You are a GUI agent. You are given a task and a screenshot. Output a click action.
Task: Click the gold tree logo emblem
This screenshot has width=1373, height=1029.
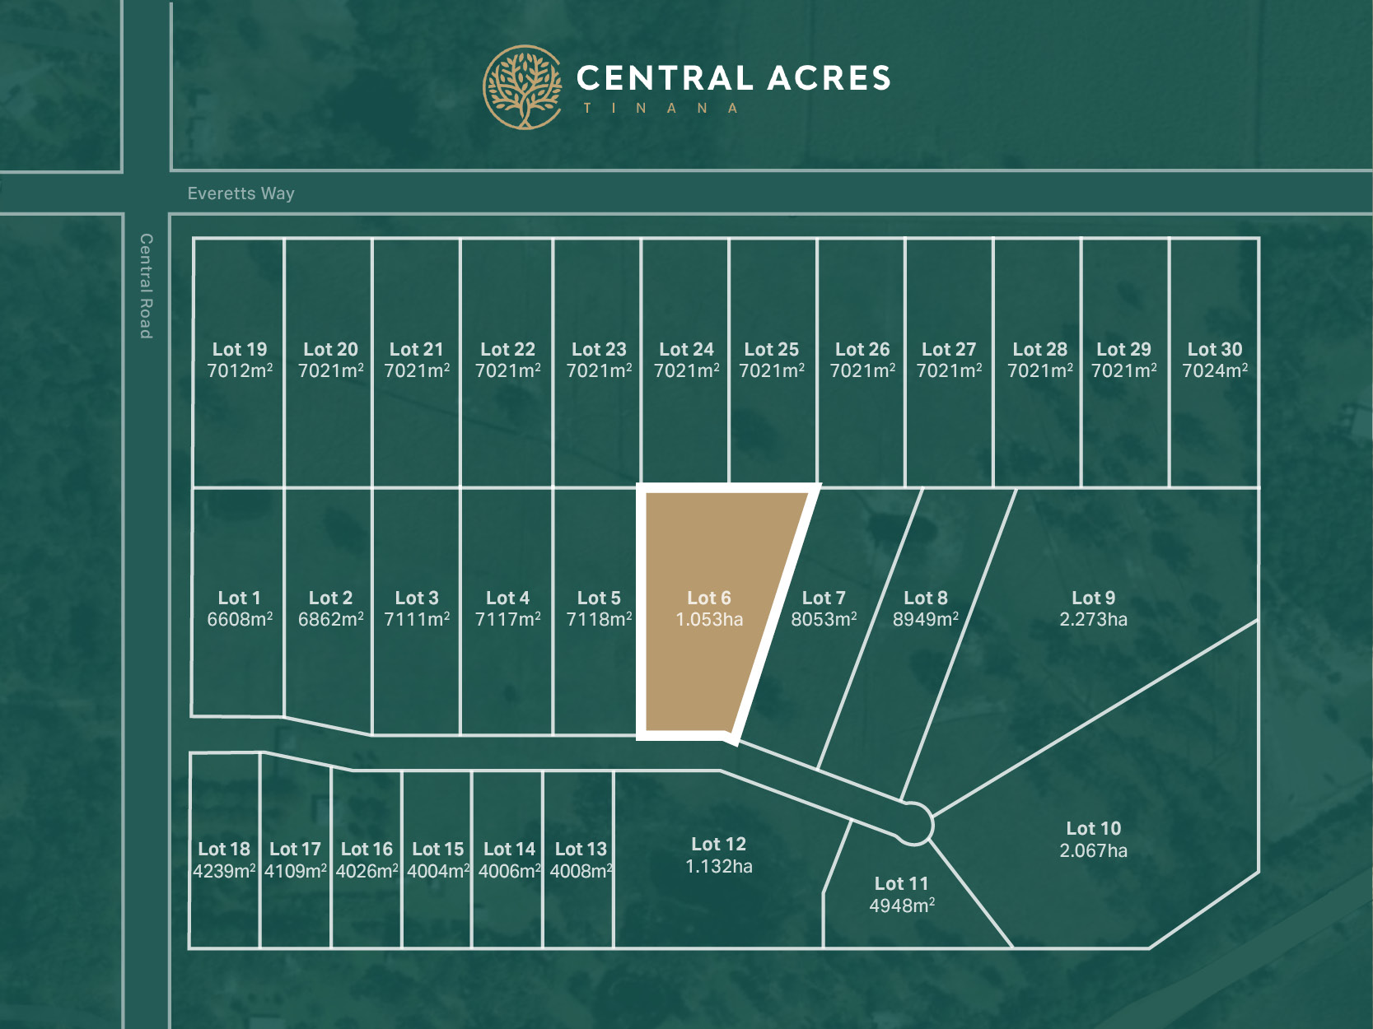522,87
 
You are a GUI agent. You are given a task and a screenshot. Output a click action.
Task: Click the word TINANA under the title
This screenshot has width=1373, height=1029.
660,109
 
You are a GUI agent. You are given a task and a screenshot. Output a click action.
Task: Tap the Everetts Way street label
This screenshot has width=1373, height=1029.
241,193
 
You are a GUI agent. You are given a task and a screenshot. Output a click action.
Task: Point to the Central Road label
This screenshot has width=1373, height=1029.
146,286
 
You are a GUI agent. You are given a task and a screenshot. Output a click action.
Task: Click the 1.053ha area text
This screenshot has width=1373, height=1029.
709,620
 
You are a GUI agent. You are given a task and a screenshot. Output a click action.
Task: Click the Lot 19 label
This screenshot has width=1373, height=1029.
240,349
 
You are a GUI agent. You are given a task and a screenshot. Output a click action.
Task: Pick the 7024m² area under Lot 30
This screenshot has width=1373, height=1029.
1214,371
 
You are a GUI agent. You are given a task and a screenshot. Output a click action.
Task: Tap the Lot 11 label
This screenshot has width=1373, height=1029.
901,883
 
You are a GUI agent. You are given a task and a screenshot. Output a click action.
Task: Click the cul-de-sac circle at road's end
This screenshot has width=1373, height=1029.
913,823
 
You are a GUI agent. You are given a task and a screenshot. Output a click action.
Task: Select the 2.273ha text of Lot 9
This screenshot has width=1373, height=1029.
1093,620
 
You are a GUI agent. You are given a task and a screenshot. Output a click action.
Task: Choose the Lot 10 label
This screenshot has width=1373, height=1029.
1093,828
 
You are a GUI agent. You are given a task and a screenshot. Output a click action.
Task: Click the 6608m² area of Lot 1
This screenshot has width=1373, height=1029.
240,620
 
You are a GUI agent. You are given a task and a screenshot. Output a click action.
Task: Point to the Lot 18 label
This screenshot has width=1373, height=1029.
224,849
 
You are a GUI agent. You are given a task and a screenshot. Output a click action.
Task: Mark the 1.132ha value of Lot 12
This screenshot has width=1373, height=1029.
718,867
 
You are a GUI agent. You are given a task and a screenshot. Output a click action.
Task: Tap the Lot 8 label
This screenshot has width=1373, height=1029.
925,598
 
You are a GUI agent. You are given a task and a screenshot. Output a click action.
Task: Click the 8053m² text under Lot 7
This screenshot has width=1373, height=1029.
824,620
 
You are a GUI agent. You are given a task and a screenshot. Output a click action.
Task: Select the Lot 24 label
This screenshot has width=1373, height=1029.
686,349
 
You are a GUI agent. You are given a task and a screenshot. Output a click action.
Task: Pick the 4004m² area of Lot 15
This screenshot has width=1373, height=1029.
438,871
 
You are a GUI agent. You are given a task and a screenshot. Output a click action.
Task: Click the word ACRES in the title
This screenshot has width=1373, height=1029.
829,78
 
